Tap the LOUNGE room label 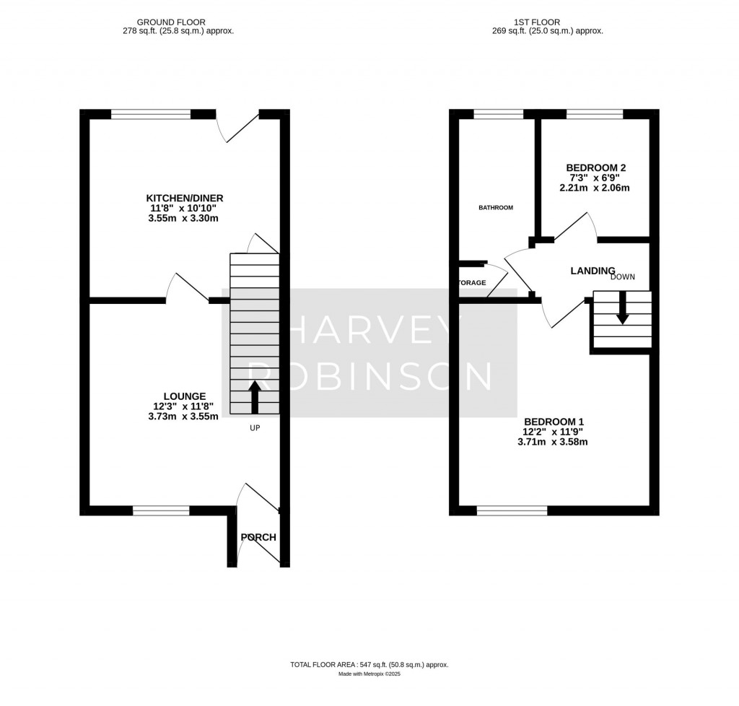(x=185, y=396)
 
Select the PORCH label (x=258, y=537)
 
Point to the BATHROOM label (x=496, y=208)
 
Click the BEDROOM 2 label (x=590, y=168)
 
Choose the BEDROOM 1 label (x=554, y=422)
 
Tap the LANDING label (x=592, y=271)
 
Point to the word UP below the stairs (x=254, y=428)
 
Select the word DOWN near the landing (x=622, y=276)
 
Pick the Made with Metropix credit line (x=369, y=674)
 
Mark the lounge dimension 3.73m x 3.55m (x=185, y=416)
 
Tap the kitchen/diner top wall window (x=152, y=113)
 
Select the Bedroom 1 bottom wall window (x=512, y=510)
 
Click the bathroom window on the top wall (x=498, y=113)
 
